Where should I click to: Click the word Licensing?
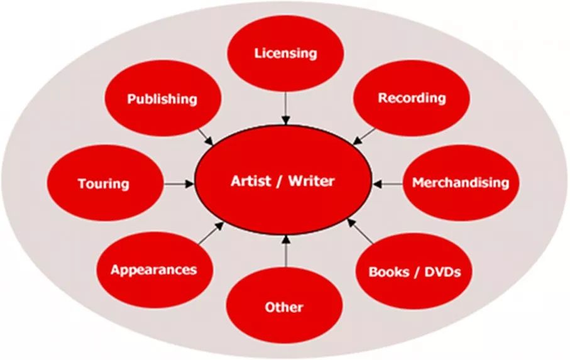[x=285, y=53]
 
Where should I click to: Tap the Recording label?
[x=412, y=98]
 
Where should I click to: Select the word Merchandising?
[x=460, y=183]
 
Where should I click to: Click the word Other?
[x=284, y=307]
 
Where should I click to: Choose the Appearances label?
[x=154, y=270]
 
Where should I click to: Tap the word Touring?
[x=104, y=184]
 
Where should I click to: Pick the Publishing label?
[x=162, y=99]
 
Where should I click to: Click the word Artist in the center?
[x=251, y=182]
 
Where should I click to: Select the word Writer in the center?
[x=312, y=182]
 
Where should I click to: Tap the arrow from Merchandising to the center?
[x=387, y=184]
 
